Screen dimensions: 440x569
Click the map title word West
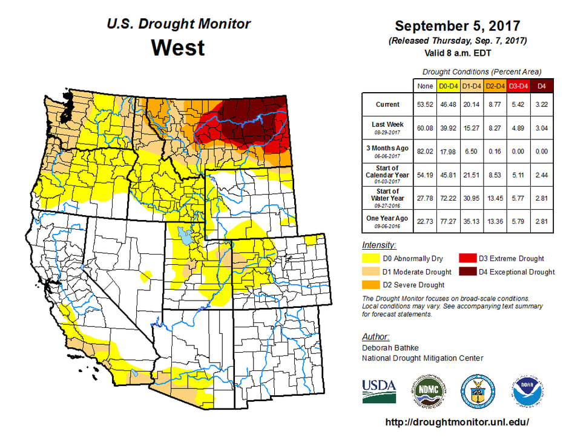tap(178, 47)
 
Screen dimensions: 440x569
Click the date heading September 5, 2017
tap(458, 27)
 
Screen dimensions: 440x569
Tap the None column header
tap(426, 86)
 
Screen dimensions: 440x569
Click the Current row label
tap(387, 105)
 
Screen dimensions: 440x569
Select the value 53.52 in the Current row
tap(426, 105)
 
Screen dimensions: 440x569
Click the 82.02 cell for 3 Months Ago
tap(426, 148)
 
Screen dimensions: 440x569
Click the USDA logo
tap(379, 390)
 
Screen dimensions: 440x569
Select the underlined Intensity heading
tap(379, 245)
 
